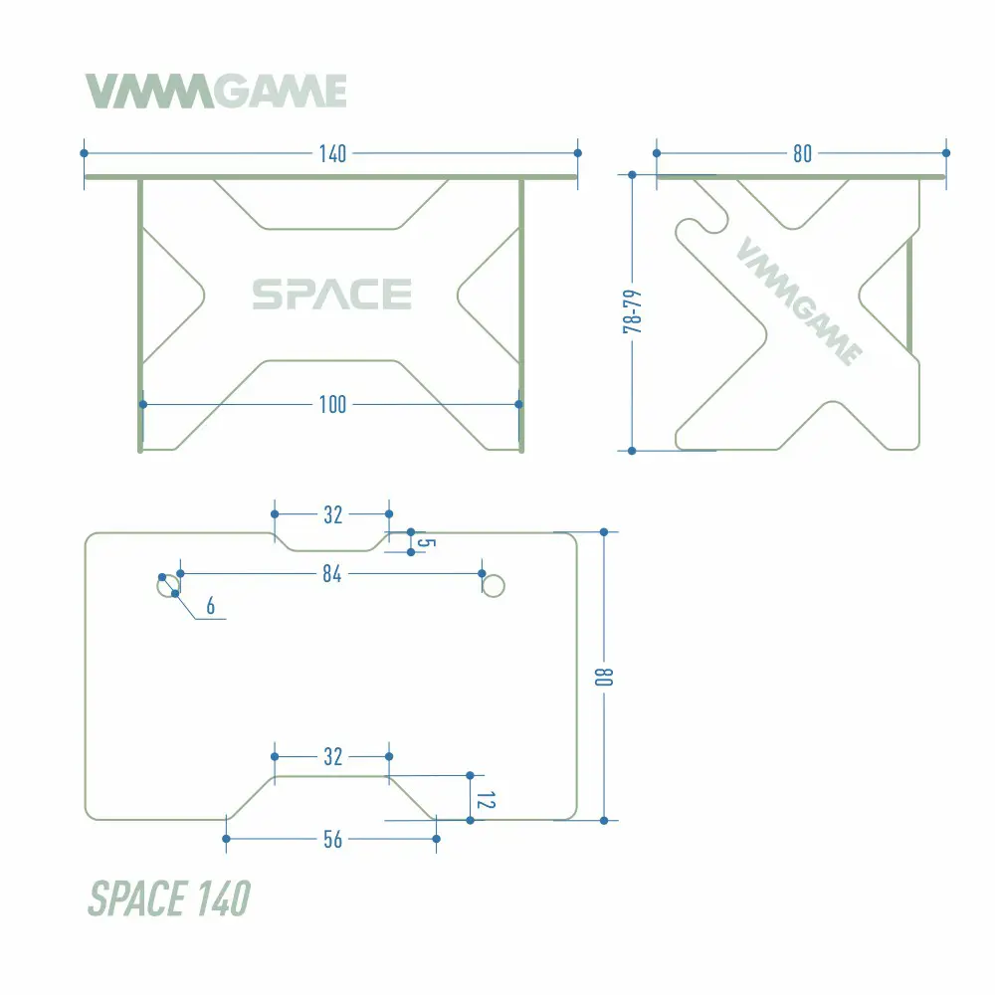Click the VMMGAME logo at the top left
click(216, 91)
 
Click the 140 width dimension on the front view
click(332, 153)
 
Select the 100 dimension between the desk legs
click(332, 404)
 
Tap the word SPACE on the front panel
click(332, 295)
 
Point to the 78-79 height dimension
click(632, 311)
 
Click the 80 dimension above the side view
click(802, 153)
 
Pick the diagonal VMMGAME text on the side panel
click(799, 300)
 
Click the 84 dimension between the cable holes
click(332, 574)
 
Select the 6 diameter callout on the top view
click(211, 606)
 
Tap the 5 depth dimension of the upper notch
click(427, 542)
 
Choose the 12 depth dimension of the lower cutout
click(486, 800)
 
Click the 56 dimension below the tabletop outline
click(332, 840)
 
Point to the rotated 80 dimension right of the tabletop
click(604, 677)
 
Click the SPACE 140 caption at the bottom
click(169, 898)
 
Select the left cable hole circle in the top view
click(168, 586)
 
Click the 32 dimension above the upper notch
click(332, 514)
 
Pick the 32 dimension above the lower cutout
click(332, 756)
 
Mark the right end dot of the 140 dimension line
click(577, 153)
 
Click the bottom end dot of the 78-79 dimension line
click(632, 451)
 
